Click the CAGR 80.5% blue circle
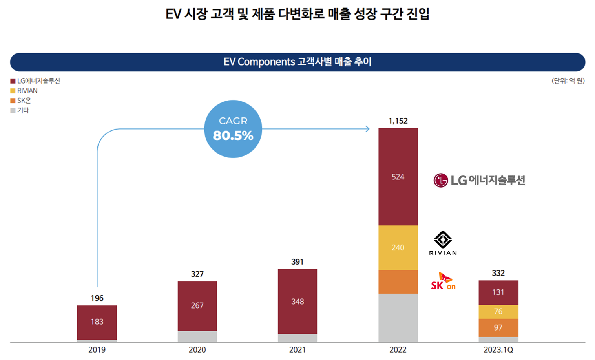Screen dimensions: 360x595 tap(233, 129)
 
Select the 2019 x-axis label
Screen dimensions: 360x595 tap(97, 349)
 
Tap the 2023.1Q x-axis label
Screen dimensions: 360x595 tap(498, 349)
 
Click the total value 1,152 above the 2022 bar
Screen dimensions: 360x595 tap(398, 121)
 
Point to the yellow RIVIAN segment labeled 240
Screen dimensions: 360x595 tap(398, 247)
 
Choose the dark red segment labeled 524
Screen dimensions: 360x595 tap(398, 177)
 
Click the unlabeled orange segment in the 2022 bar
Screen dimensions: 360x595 tap(398, 282)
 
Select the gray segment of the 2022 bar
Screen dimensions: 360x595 tap(398, 318)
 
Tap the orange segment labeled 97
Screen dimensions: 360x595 tap(498, 327)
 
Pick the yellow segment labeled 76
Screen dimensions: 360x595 tap(498, 311)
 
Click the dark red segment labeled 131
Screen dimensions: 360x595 tap(498, 292)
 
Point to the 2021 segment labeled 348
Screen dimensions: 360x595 tap(297, 302)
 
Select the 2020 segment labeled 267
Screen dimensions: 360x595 tap(197, 305)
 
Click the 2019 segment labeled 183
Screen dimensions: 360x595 tap(97, 322)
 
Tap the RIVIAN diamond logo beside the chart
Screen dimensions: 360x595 tap(443, 240)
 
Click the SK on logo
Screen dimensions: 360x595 tap(443, 281)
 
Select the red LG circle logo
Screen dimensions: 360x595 tap(441, 181)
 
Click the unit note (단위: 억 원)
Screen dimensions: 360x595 tap(568, 81)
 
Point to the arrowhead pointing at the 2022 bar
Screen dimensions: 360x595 tap(367, 129)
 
